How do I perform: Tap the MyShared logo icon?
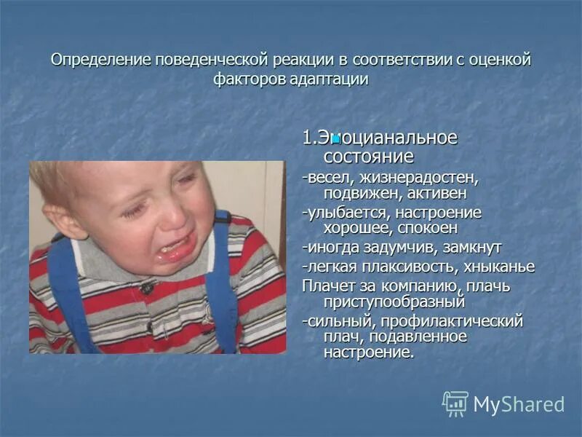pos(455,403)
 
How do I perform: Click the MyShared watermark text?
pos(519,405)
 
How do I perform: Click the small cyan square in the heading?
pos(336,137)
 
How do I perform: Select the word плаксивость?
pos(407,267)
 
